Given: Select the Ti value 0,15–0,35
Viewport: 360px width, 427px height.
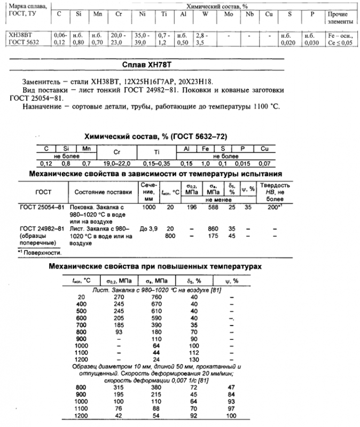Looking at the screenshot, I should (x=156, y=162).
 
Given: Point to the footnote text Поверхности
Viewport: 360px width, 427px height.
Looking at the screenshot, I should (x=42, y=252).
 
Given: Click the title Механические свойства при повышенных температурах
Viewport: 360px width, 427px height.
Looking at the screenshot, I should (x=155, y=265).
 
